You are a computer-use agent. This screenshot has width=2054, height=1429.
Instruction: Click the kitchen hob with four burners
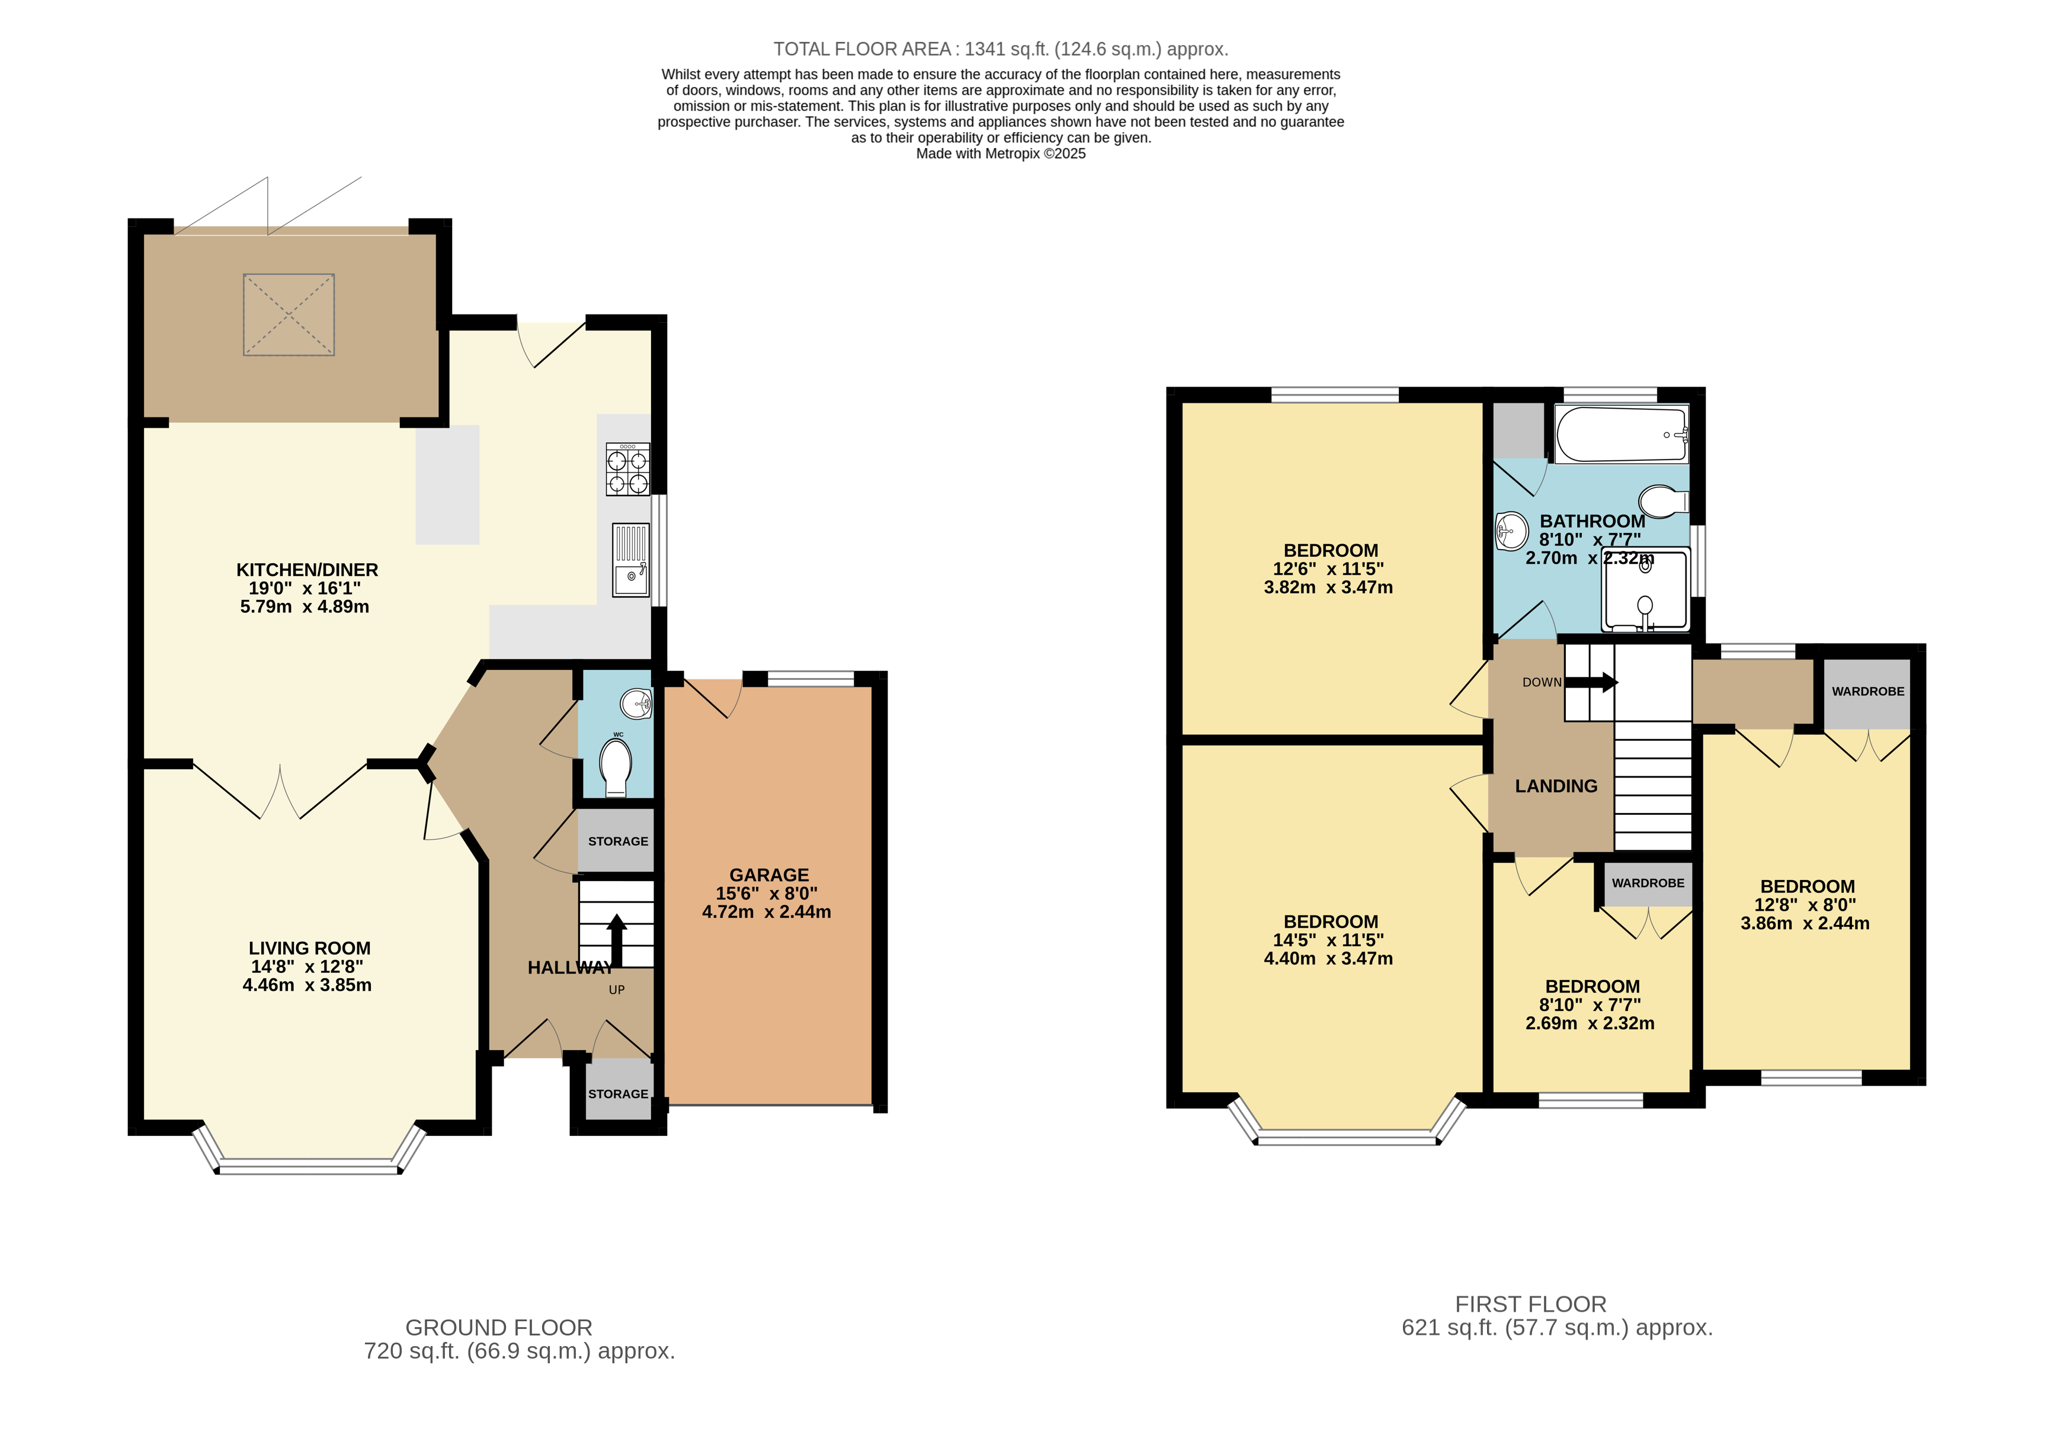pyautogui.click(x=628, y=470)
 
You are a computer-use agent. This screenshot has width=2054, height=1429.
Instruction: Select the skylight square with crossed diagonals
pyautogui.click(x=288, y=315)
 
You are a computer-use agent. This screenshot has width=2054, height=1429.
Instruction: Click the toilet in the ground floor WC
pyautogui.click(x=616, y=766)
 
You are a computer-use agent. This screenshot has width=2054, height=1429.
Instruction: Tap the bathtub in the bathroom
pyautogui.click(x=1621, y=433)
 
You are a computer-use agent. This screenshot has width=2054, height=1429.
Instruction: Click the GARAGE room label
pyautogui.click(x=768, y=875)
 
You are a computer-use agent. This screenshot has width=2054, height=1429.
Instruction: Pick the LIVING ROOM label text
pyautogui.click(x=309, y=948)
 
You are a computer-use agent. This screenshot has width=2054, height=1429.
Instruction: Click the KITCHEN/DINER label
pyautogui.click(x=307, y=570)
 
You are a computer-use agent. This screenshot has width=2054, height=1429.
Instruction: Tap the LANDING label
pyautogui.click(x=1556, y=786)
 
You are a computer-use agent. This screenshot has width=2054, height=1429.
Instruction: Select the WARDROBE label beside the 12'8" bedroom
pyautogui.click(x=1867, y=691)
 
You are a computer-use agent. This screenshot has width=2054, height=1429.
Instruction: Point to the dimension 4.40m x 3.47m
pyautogui.click(x=1328, y=959)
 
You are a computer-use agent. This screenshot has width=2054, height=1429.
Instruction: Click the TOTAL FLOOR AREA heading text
pyautogui.click(x=999, y=49)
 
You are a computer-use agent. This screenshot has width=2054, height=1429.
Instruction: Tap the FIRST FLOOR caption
pyautogui.click(x=1530, y=1304)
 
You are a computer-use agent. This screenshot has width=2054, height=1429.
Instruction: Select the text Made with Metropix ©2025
pyautogui.click(x=1000, y=154)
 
